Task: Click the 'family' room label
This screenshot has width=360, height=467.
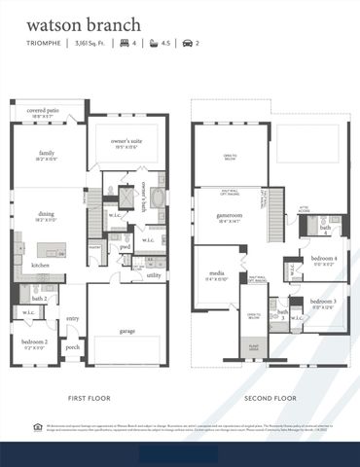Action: tap(47, 154)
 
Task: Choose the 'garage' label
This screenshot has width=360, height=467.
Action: tap(126, 331)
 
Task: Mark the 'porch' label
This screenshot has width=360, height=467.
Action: tap(72, 346)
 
